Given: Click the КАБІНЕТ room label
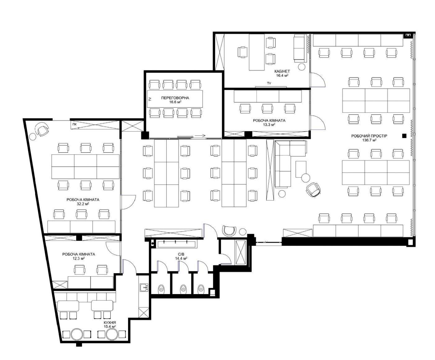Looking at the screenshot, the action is (282, 71).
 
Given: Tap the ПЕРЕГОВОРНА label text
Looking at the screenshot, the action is (175, 98).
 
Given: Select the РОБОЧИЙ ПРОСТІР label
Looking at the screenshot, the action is (369, 136).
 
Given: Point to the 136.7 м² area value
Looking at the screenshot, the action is (369, 140).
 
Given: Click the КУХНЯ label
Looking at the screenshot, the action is (110, 322).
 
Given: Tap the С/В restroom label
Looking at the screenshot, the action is (181, 254).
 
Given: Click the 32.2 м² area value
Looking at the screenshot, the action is (83, 204).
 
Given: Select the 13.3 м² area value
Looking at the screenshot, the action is (269, 125).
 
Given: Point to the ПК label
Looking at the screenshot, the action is (74, 124).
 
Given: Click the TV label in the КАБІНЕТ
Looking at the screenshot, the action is (269, 83).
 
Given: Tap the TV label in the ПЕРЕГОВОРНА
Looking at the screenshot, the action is (150, 99).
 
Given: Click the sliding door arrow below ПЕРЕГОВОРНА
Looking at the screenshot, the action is (200, 136).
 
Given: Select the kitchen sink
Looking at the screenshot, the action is (144, 287).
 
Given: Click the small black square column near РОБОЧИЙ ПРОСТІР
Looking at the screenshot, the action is (404, 136).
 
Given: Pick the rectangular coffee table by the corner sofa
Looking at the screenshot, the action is (301, 169).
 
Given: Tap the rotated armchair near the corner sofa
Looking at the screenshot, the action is (313, 190).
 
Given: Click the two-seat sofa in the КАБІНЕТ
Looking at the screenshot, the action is (300, 48).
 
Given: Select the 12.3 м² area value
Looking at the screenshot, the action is (79, 258).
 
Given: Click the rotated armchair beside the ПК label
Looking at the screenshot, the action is (42, 129).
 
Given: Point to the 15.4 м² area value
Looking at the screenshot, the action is (110, 326).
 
